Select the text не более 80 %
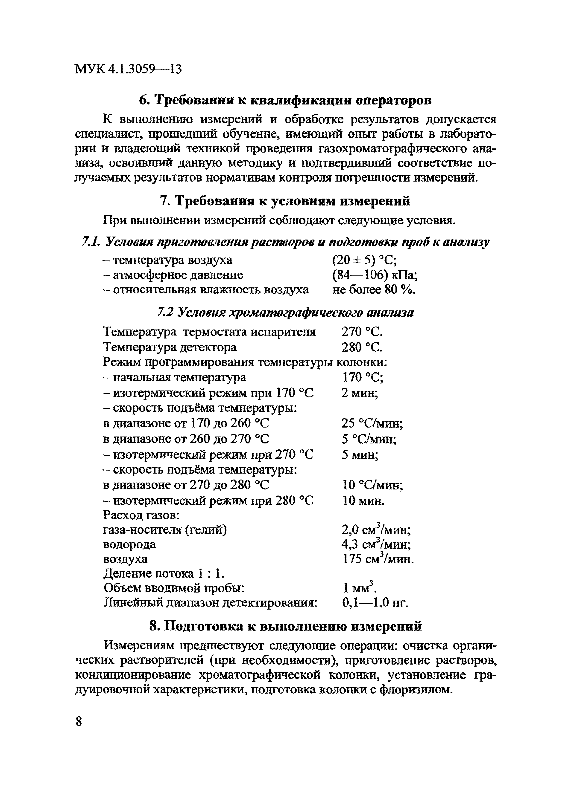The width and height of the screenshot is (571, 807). (374, 290)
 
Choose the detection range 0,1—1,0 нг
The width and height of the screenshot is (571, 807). (375, 603)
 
